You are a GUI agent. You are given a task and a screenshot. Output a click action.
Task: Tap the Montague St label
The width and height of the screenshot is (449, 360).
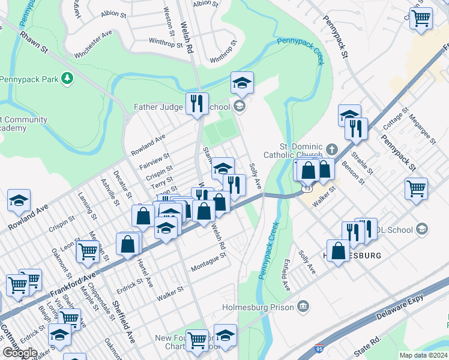click(208, 262)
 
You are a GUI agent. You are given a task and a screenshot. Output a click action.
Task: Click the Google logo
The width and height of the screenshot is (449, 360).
click(19, 353)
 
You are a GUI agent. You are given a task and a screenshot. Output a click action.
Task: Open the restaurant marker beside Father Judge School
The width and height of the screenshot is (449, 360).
click(196, 104)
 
